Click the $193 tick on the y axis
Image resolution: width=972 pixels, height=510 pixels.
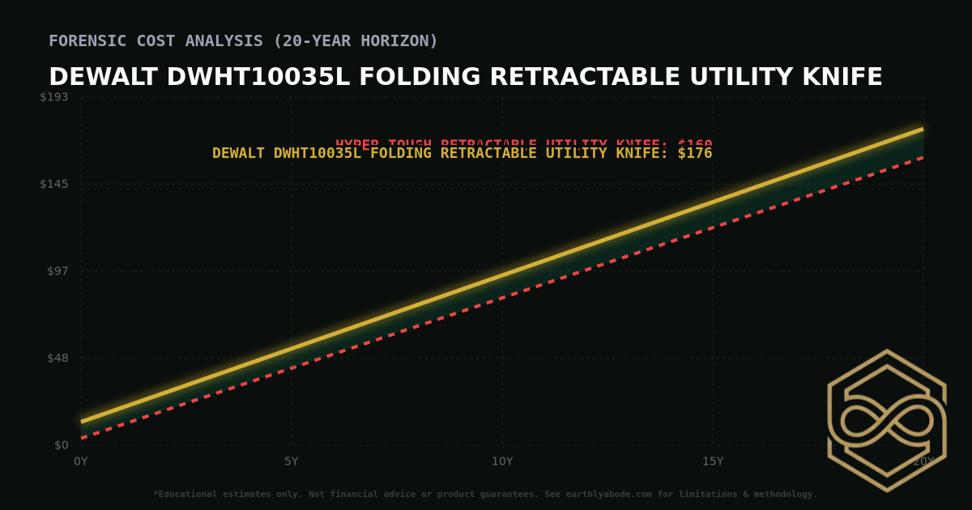coord(54,97)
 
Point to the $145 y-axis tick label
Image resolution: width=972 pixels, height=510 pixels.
coord(54,184)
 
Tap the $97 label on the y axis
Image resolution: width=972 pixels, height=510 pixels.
coord(58,270)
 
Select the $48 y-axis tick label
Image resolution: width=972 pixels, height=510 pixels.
coord(58,358)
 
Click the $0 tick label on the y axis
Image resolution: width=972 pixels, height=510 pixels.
coord(61,445)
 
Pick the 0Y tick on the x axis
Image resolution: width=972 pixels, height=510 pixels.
coord(81,461)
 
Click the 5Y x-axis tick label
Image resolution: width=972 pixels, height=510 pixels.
coord(292,461)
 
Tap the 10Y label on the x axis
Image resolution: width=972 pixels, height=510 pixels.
coord(502,461)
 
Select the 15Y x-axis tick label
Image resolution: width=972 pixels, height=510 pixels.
coord(713,461)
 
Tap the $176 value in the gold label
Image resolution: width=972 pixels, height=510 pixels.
coord(695,153)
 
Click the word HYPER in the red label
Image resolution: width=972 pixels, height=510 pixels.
coord(357,144)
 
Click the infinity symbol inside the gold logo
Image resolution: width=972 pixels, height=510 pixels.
coord(887,421)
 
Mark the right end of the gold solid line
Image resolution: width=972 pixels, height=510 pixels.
coord(923,129)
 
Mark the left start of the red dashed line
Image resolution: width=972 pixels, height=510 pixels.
coord(82,438)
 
